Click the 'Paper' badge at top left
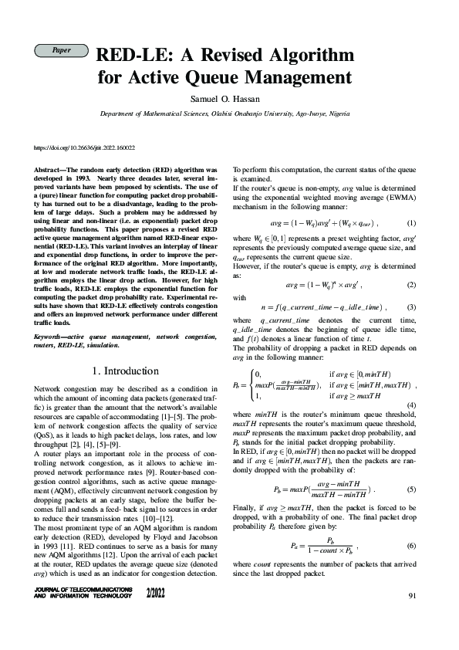click(60, 50)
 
